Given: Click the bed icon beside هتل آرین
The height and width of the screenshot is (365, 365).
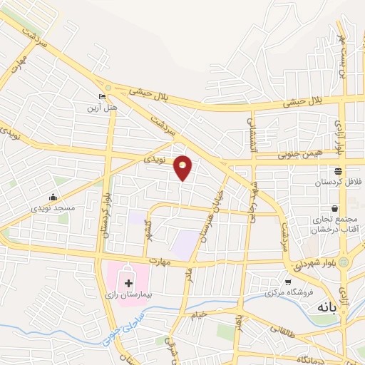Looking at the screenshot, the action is coord(102,96).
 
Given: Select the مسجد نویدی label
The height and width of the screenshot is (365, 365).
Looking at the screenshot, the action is coord(52,207).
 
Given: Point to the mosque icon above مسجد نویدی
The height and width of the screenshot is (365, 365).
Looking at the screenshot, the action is coord(53,197).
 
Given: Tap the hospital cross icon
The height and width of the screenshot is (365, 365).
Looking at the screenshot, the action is coord(129,283).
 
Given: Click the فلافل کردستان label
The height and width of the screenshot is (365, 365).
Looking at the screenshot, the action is coord(337,182).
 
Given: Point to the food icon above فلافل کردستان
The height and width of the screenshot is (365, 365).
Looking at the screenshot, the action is coord(338,171).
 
